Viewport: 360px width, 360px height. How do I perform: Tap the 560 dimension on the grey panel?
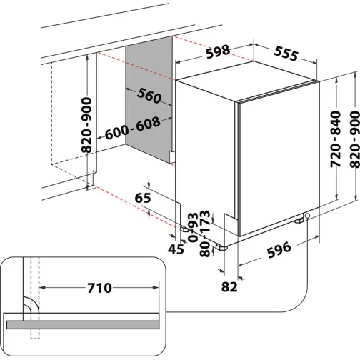(x=149, y=96)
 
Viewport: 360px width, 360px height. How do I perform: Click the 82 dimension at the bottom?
(x=229, y=287)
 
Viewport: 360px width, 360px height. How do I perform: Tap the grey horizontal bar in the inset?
(x=93, y=324)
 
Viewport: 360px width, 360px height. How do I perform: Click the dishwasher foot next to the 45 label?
(x=184, y=229)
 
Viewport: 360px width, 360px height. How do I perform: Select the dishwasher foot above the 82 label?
(x=223, y=246)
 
